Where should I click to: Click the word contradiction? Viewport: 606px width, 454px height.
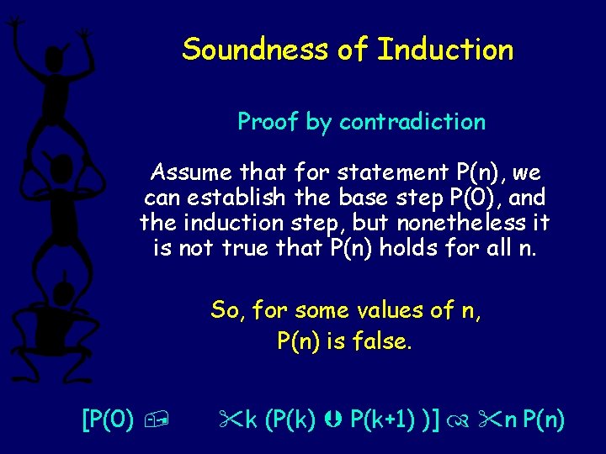point(412,122)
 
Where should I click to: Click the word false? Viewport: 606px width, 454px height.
point(384,342)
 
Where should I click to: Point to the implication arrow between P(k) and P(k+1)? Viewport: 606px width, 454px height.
point(337,418)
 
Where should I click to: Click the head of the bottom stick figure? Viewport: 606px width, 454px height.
point(63,294)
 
